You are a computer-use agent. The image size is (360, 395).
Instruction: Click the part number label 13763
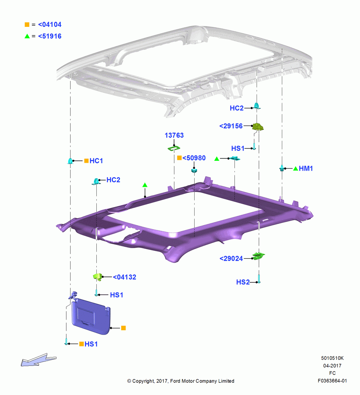click(174, 135)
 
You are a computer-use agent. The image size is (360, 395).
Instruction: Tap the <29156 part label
click(231, 126)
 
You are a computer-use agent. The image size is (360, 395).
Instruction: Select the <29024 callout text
click(231, 258)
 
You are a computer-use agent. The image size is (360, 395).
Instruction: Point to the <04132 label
click(124, 277)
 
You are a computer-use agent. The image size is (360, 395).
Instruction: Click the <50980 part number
click(194, 158)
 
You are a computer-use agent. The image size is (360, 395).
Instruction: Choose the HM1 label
click(306, 168)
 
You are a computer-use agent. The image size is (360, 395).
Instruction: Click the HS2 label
click(243, 282)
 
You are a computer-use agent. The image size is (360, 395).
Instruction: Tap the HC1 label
click(96, 161)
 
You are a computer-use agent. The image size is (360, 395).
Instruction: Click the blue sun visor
click(91, 316)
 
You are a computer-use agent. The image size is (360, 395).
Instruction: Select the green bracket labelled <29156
click(258, 126)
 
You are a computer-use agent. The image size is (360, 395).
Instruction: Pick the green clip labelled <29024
click(259, 256)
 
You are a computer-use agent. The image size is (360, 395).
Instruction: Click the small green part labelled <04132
click(97, 277)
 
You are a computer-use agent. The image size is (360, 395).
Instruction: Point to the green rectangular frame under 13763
click(174, 149)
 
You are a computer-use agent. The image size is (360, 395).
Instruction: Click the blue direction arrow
click(39, 359)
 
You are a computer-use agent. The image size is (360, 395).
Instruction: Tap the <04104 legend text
click(50, 24)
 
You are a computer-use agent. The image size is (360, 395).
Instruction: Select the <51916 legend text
click(50, 36)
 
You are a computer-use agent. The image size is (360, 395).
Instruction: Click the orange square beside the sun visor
click(124, 328)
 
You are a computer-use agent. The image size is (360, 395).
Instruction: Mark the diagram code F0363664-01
click(332, 381)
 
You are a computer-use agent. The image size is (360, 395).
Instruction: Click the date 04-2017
click(332, 365)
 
